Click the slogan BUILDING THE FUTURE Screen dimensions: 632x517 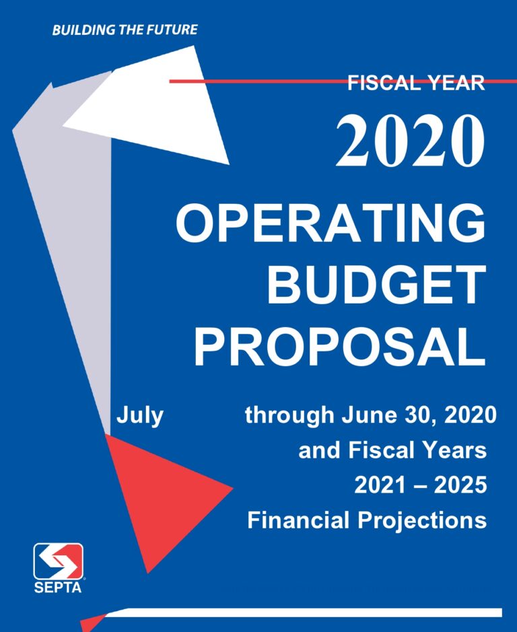pos(125,30)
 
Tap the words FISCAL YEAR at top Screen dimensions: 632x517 pos(416,83)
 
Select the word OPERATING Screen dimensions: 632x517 pos(330,225)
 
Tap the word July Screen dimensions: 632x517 pos(140,415)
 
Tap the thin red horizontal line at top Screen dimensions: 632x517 pos(269,81)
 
